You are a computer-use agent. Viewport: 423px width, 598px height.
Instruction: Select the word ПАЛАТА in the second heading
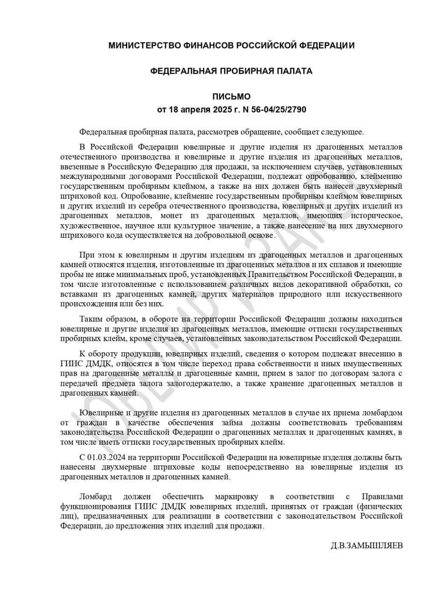click(293, 71)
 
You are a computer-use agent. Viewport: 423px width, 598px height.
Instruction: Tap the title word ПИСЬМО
click(231, 97)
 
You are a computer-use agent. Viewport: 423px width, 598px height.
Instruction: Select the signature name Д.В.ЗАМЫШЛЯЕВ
click(366, 545)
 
